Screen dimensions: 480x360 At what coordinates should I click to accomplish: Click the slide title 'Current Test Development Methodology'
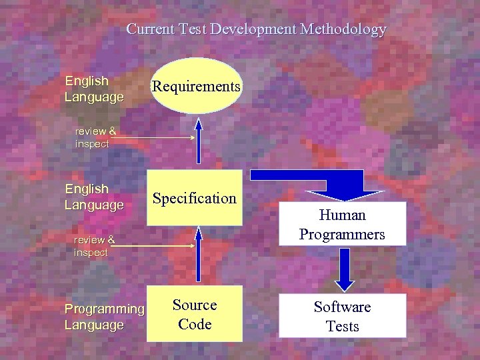point(256,29)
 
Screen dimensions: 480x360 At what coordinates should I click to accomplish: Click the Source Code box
point(195,314)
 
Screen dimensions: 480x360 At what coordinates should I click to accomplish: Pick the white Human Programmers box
point(342,224)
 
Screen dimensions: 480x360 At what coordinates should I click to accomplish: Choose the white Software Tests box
point(342,316)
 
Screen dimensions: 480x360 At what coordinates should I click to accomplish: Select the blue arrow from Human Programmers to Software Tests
point(344,269)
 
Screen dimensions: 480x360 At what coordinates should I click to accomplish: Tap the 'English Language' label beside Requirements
point(94,89)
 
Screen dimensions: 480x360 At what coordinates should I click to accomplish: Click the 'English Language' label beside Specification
point(94,197)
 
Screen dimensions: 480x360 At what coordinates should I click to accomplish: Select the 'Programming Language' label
point(104,317)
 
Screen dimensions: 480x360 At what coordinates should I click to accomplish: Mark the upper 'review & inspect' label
point(95,137)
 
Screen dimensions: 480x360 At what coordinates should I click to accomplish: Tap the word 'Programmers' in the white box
point(342,234)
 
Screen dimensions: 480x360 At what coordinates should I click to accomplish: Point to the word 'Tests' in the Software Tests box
point(342,326)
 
